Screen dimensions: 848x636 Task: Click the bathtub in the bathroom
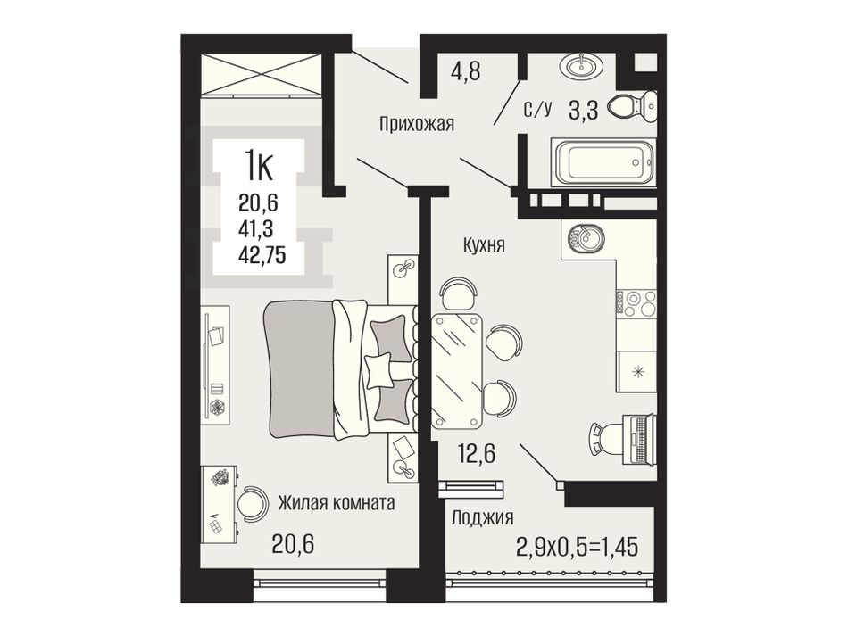point(603,162)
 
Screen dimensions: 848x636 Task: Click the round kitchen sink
point(586,239)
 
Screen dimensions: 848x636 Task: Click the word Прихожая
point(417,125)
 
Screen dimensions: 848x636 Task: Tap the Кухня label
point(484,246)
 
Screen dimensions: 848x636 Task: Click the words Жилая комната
point(337,504)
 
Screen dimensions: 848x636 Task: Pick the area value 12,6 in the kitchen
point(477,454)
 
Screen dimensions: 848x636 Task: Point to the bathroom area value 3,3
point(583,111)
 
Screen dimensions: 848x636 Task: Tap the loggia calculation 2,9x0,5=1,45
point(578,547)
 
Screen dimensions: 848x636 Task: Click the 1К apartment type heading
point(259,167)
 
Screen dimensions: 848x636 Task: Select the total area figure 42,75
point(262,255)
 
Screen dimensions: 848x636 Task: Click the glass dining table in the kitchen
point(457,371)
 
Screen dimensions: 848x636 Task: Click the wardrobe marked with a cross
point(262,75)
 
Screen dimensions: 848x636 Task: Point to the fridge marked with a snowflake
point(637,371)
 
